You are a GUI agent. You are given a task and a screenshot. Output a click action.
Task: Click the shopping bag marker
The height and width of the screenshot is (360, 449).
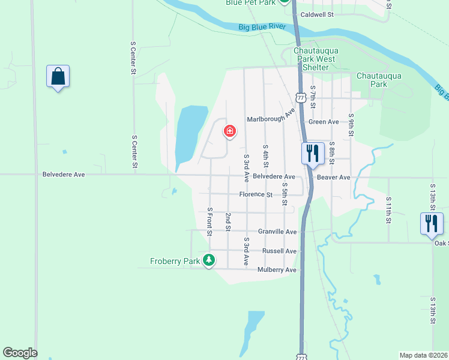coord(58,77)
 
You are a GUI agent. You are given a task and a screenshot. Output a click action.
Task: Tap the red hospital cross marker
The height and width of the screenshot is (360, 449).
coord(229,131)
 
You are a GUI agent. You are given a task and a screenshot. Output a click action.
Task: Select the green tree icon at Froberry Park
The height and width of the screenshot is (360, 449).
coord(209,260)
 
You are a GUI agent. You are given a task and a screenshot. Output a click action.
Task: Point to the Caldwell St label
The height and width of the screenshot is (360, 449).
coord(317,14)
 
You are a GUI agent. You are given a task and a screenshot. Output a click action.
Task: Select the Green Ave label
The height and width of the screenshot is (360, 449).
coord(324,122)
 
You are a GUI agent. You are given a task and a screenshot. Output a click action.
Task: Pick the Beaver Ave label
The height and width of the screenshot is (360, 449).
coord(333,178)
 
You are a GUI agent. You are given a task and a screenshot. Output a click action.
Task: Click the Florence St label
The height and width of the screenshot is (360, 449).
coord(256,194)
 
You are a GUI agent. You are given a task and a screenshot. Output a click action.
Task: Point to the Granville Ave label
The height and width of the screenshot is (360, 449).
coord(277,232)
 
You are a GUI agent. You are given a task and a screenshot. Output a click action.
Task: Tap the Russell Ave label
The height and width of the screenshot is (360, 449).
coord(279,251)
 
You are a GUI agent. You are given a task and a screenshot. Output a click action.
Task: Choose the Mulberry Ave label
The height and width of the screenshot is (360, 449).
coord(277,270)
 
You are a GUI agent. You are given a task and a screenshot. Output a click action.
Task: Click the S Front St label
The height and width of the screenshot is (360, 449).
coord(210,221)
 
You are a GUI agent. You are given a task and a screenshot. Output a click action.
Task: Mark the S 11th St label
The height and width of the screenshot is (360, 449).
coord(389,210)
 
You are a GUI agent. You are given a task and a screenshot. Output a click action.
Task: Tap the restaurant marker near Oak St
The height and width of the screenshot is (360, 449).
coord(432,223)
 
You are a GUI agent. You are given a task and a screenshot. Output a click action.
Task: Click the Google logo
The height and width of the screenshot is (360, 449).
coord(20,353)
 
